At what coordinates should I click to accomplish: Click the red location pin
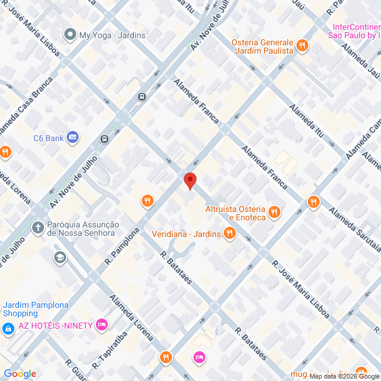click(190, 180)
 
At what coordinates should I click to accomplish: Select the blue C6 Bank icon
click(73, 138)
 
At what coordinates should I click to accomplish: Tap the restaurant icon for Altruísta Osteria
click(274, 211)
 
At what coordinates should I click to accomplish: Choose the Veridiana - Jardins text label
click(186, 234)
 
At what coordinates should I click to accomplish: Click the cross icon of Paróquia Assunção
click(38, 227)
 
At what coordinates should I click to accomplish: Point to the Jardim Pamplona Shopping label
click(36, 309)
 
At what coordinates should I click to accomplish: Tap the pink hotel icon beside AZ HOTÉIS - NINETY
click(102, 324)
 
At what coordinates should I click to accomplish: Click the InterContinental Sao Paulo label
click(356, 31)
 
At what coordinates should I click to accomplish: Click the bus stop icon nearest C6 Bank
click(105, 139)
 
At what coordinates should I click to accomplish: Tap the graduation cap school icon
click(60, 257)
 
